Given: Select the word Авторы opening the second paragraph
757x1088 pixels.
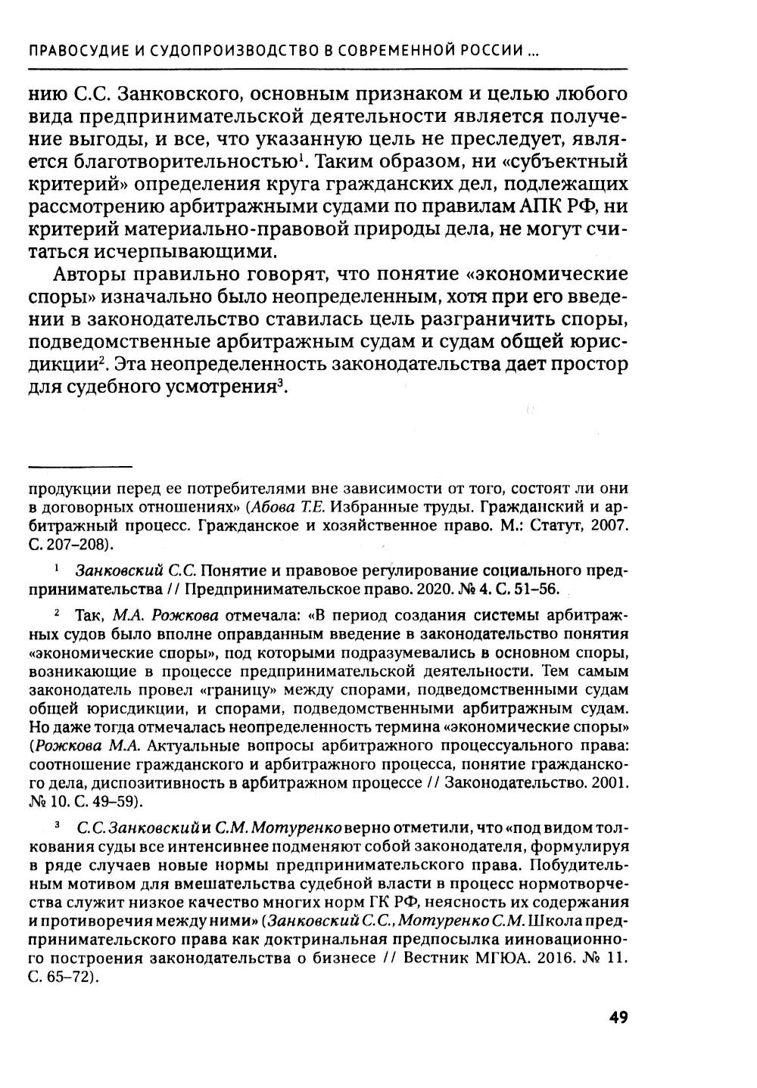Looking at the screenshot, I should [86, 273].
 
